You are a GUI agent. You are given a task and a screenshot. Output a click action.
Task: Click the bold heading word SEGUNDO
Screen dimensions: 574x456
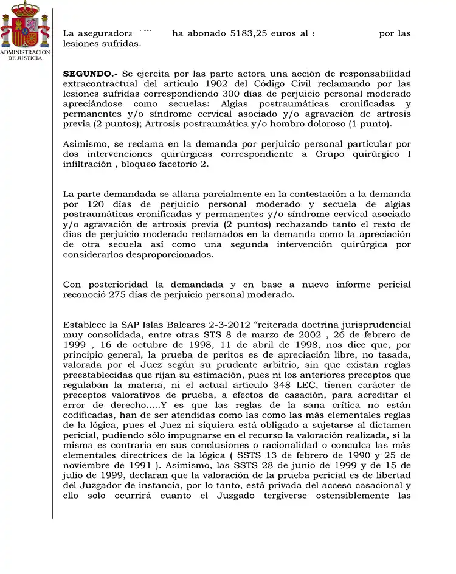pos(89,73)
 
